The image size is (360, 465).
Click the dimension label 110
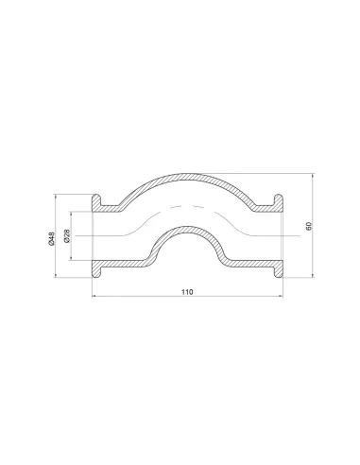pyautogui.click(x=187, y=292)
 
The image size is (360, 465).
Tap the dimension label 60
pyautogui.click(x=308, y=226)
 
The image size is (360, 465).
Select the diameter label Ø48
pyautogui.click(x=52, y=238)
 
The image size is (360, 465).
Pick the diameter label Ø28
pyautogui.click(x=68, y=236)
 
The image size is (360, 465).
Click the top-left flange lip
pyautogui.click(x=96, y=200)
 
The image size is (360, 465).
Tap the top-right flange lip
pyautogui.click(x=278, y=200)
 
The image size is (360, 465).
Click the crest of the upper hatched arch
pyautogui.click(x=187, y=176)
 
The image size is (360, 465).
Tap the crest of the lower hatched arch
pyautogui.click(x=188, y=229)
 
